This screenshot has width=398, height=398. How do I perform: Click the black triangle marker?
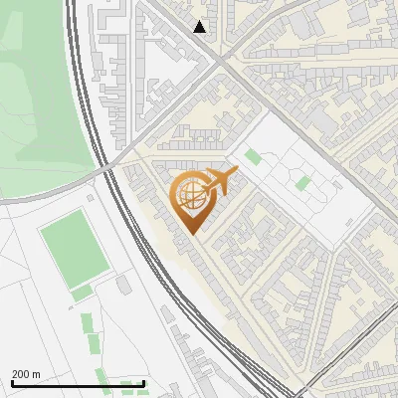point(200,27)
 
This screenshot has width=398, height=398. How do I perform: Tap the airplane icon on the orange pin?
point(219,182)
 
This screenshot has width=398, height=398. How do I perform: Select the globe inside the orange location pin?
point(189,196)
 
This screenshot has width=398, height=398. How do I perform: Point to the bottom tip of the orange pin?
point(190,233)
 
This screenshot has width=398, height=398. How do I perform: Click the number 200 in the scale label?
point(20,374)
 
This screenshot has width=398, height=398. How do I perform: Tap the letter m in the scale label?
point(36,374)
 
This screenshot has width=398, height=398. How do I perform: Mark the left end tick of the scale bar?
point(12,384)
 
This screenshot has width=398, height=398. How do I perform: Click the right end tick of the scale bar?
point(144,384)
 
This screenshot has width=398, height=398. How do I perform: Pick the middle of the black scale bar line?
point(78,384)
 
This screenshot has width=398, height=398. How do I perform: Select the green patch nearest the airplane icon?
point(253,156)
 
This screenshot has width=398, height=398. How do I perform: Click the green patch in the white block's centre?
point(302,183)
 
